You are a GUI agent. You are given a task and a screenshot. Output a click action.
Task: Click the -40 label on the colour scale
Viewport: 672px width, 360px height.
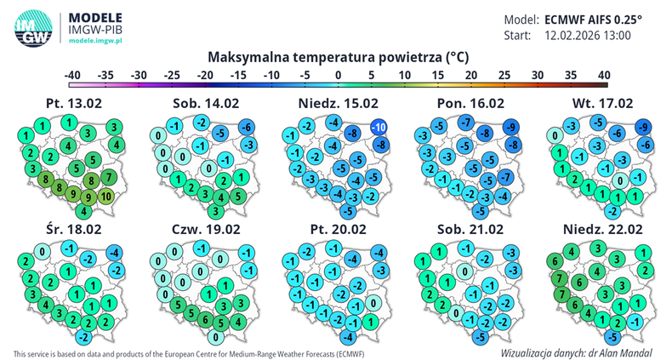click(x=74, y=76)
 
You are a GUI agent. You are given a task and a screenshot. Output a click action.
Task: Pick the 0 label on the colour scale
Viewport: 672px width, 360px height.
click(x=338, y=76)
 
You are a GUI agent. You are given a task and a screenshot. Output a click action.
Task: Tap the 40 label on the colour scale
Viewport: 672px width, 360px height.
click(x=604, y=76)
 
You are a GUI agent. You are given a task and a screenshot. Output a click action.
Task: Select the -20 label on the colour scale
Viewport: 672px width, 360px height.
click(x=205, y=76)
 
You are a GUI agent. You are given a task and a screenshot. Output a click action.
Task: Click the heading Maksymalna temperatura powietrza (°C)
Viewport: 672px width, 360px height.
click(x=338, y=57)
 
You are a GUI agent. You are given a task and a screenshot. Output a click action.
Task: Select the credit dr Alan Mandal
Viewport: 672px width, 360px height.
click(x=625, y=350)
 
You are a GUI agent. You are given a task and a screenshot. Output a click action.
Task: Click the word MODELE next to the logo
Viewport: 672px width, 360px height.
click(x=94, y=16)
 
